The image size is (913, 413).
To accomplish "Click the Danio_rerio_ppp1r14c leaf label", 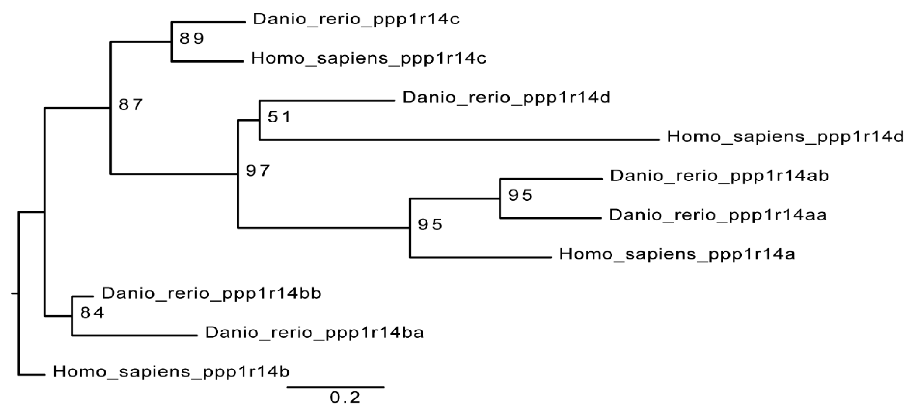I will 356,20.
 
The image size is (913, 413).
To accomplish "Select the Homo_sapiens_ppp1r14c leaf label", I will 369,59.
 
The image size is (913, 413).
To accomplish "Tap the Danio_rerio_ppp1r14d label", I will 506,98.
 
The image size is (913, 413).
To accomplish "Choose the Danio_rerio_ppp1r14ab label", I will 719,176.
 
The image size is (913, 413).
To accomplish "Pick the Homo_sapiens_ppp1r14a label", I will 677,254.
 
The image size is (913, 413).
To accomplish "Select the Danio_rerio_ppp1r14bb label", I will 211,294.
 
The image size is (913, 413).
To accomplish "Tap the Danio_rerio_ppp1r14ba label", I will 314,333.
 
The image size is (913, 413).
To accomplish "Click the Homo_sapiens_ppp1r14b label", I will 171,372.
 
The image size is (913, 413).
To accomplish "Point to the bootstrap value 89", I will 192,38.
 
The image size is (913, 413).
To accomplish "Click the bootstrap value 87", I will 131,104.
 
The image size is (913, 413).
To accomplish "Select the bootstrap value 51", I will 279,117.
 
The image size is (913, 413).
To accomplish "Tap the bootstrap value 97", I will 258,171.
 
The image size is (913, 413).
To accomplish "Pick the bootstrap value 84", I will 92,313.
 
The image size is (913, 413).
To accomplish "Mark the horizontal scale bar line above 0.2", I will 336,387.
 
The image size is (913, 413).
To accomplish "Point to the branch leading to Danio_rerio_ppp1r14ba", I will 135,335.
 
